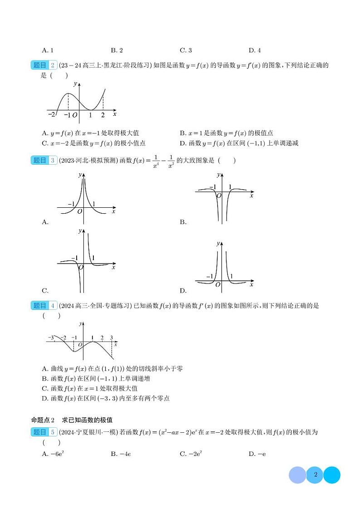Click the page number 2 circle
point(315,475)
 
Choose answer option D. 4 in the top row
point(254,50)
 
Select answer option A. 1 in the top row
point(47,50)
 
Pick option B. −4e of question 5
point(119,454)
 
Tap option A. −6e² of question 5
point(51,454)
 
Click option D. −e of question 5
point(257,454)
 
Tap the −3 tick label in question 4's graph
point(51,338)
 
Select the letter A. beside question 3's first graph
point(45,222)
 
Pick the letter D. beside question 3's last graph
point(183,291)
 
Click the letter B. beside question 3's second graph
point(183,222)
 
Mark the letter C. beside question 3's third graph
point(45,291)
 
